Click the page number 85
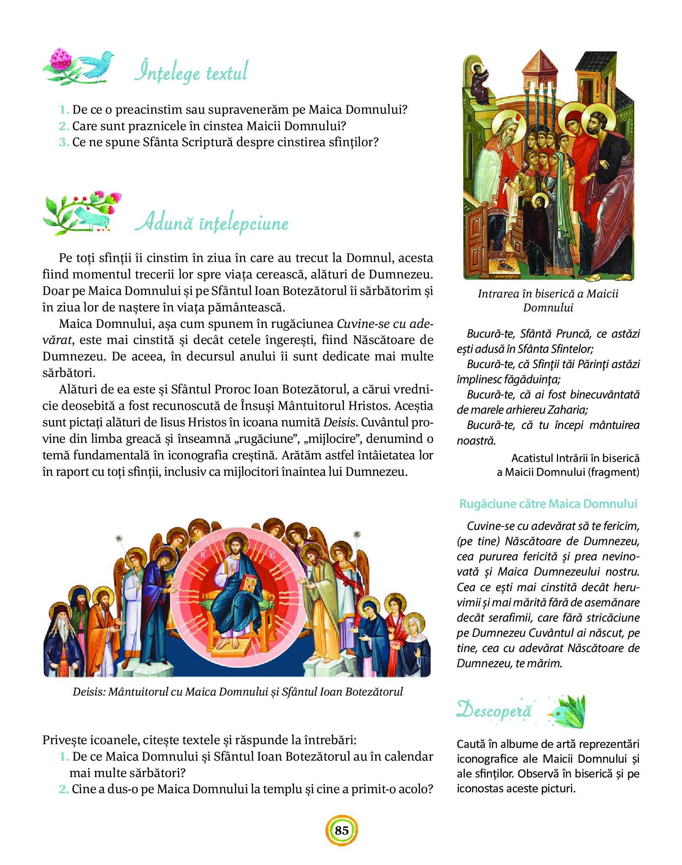coord(341,830)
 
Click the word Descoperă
coord(494,709)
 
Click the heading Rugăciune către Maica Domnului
coord(548,503)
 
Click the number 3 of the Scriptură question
coord(64,142)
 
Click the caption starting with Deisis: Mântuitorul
coord(237,692)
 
